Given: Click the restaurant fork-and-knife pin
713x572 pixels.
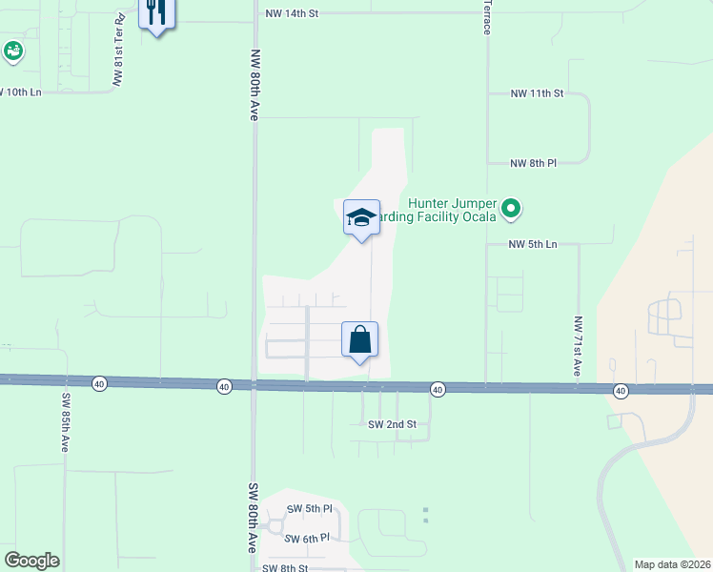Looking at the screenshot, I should coord(154,13).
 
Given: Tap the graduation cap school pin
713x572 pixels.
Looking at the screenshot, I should coord(361,218).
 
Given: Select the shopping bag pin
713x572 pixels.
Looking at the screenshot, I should coord(359,340).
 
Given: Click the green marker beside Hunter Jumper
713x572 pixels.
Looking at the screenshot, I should coord(511,207).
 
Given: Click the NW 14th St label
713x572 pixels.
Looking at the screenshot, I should coord(292,14).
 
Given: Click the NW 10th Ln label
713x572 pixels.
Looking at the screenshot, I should coord(21,92).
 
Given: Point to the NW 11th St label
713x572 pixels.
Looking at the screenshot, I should coord(538,93).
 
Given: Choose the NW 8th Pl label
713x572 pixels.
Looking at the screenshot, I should coord(533,163).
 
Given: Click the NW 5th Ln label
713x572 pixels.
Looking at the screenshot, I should coord(532,244).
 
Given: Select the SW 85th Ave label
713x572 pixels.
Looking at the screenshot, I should coord(65,423).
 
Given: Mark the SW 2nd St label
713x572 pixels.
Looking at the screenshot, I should coord(393,423).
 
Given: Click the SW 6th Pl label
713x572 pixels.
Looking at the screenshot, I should coord(308,538).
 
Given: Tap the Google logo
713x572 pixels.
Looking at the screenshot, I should coord(31,560).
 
